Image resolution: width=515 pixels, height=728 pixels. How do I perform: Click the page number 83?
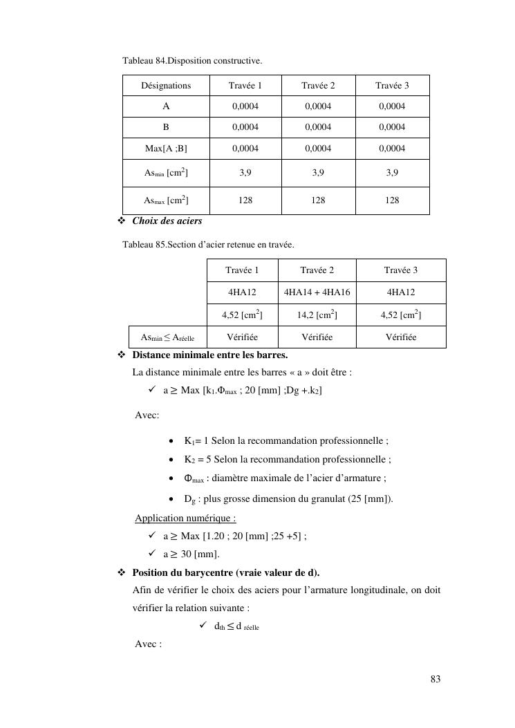436,680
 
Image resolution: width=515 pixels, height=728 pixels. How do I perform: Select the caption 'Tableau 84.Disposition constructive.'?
192,61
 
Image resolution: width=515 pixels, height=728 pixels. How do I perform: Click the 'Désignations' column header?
166,86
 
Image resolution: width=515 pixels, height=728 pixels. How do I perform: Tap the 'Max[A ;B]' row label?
166,149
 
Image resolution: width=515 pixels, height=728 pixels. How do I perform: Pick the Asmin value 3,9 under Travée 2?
318,174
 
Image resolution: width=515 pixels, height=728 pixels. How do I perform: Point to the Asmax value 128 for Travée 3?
392,200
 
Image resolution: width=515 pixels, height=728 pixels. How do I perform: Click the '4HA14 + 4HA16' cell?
317,292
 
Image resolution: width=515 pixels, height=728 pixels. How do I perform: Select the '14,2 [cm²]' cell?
317,316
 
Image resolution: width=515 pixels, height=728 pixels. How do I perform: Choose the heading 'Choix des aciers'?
167,221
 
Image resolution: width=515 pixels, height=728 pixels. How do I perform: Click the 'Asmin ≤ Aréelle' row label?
167,337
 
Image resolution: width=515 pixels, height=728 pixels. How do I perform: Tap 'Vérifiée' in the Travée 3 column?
401,337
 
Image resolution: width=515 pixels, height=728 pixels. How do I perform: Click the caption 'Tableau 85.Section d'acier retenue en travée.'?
208,245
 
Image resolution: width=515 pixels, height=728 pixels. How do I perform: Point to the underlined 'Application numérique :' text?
185,518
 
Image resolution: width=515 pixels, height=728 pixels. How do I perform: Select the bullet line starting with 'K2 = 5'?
287,459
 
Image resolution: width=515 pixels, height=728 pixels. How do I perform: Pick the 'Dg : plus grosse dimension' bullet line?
288,499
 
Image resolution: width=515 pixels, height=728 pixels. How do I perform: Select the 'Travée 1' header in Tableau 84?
245,86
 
